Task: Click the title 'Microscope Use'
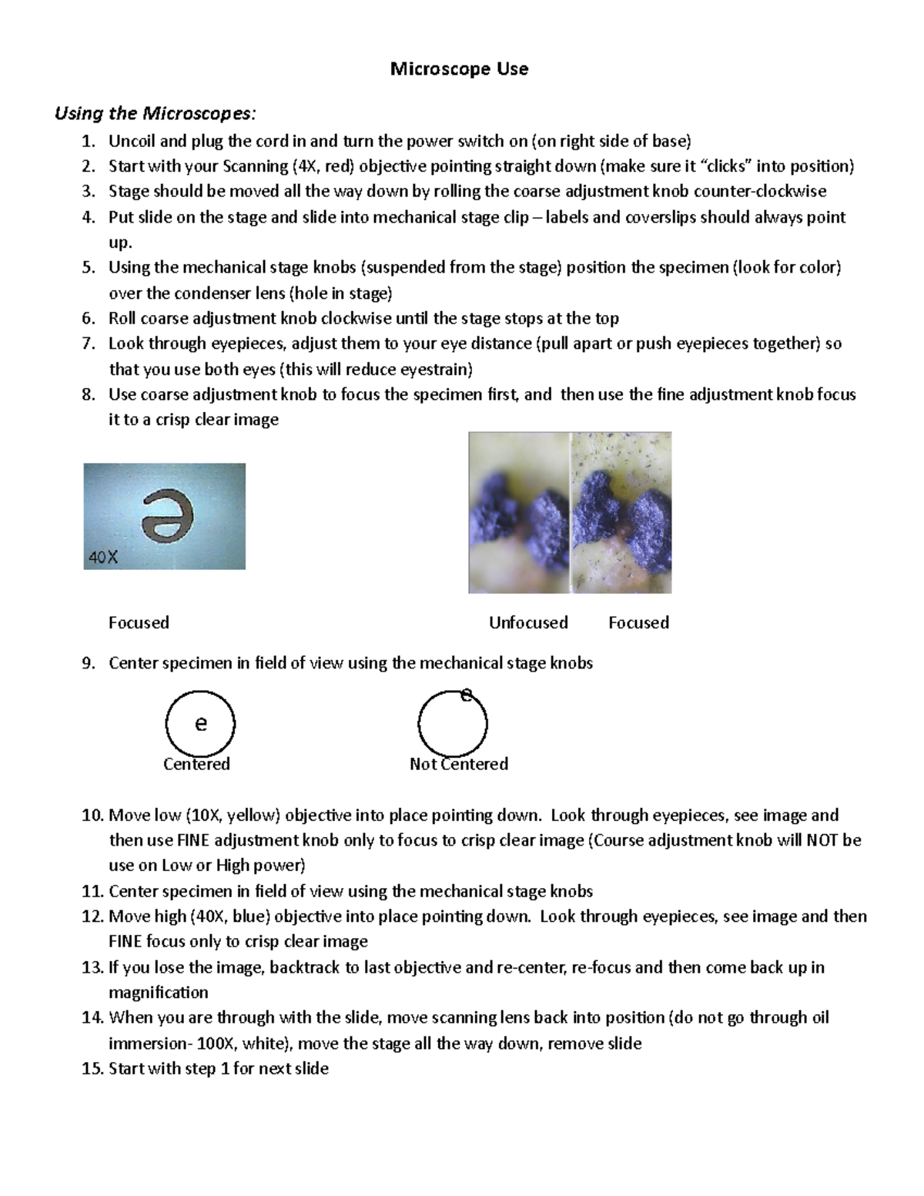[x=459, y=69]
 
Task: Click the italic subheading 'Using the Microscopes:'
[x=154, y=114]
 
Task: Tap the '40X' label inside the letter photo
[x=103, y=558]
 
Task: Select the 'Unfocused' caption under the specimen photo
[x=528, y=622]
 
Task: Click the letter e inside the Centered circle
[x=201, y=724]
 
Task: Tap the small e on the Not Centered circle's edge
[x=466, y=695]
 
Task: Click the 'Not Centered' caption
[x=459, y=764]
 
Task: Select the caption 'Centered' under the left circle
[x=196, y=764]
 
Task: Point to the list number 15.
[x=92, y=1069]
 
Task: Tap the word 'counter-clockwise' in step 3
[x=760, y=192]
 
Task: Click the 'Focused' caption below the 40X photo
[x=139, y=622]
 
